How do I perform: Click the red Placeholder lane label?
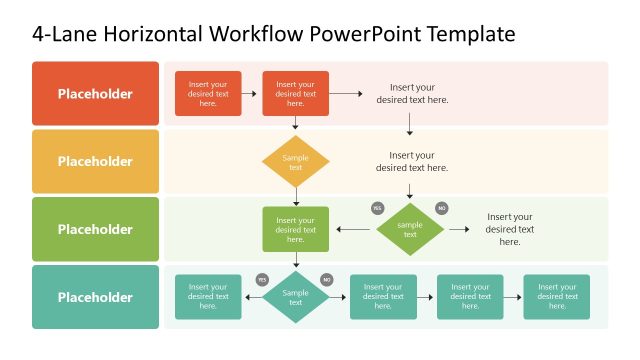tap(95, 94)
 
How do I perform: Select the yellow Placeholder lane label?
tap(95, 161)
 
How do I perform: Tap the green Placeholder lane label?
tap(95, 229)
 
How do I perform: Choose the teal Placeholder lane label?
tap(95, 297)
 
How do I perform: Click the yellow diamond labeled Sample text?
tap(295, 162)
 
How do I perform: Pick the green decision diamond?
tap(410, 229)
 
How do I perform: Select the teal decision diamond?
tap(295, 297)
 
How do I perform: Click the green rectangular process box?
tap(295, 229)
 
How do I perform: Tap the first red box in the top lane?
tap(208, 94)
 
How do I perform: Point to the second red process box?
tap(295, 94)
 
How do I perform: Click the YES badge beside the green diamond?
tap(377, 208)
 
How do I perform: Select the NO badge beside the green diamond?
tap(441, 208)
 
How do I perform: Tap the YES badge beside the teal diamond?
tap(262, 280)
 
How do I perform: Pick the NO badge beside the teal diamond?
tap(326, 280)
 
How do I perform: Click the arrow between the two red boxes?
tap(252, 94)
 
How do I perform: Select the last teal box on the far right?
tap(556, 297)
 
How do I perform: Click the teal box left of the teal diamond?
tap(208, 297)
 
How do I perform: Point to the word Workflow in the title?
tap(251, 35)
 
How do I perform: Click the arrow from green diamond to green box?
tap(354, 229)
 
